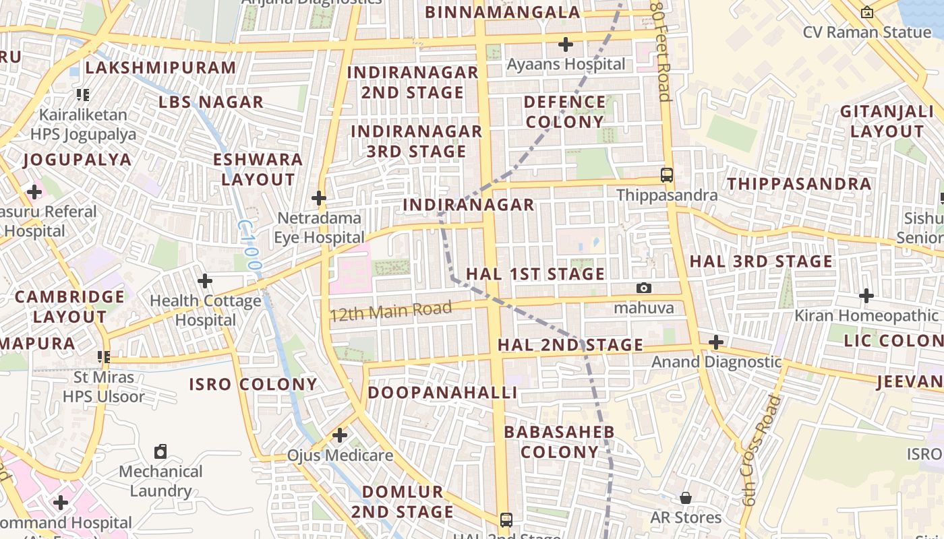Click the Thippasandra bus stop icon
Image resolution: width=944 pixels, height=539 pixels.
click(x=667, y=175)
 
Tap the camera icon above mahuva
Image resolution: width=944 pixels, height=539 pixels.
click(x=644, y=288)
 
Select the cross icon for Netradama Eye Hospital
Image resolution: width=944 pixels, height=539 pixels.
click(x=319, y=198)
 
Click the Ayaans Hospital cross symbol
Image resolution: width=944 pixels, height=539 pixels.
click(x=566, y=44)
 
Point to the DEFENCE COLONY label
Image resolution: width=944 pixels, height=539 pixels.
click(x=565, y=112)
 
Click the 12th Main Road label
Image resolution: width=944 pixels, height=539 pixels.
click(x=390, y=311)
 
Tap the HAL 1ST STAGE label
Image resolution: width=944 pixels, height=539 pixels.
click(x=535, y=274)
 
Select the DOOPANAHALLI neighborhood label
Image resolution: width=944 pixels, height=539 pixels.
click(x=442, y=392)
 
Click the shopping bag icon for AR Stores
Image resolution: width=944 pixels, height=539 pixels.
click(x=686, y=498)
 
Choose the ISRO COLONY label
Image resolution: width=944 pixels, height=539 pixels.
click(x=253, y=384)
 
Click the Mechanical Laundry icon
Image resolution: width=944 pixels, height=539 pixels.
click(x=160, y=451)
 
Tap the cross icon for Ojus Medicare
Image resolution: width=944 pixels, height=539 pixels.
click(x=340, y=435)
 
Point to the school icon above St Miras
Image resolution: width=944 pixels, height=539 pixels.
click(x=103, y=356)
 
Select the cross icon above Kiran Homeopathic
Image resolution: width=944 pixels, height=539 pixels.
click(x=866, y=295)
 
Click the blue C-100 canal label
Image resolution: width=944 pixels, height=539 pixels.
click(x=249, y=246)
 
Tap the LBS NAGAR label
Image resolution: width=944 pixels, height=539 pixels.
click(x=211, y=102)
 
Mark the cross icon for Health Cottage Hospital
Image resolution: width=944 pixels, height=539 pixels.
click(x=206, y=280)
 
